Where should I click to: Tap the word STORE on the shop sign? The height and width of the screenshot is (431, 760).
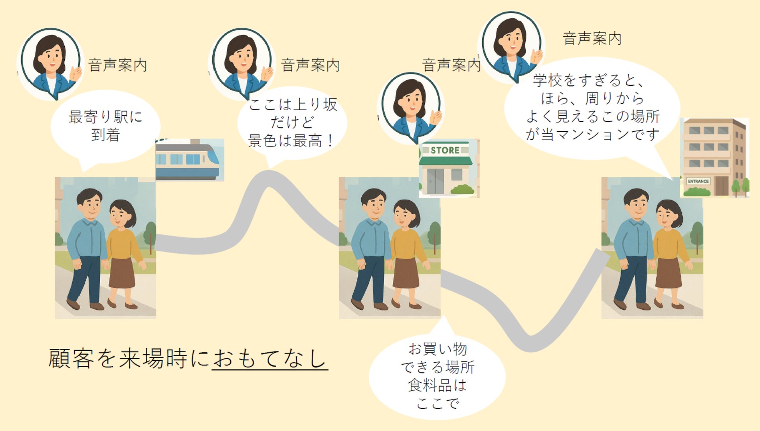click(445, 150)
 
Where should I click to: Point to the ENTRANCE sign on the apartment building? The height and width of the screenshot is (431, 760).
click(698, 181)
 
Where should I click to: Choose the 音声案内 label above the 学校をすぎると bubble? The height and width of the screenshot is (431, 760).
click(592, 39)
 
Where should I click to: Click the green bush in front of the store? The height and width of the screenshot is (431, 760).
click(463, 190)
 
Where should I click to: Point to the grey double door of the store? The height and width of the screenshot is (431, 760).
click(435, 181)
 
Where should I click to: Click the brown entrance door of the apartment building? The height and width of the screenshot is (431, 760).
click(721, 186)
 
